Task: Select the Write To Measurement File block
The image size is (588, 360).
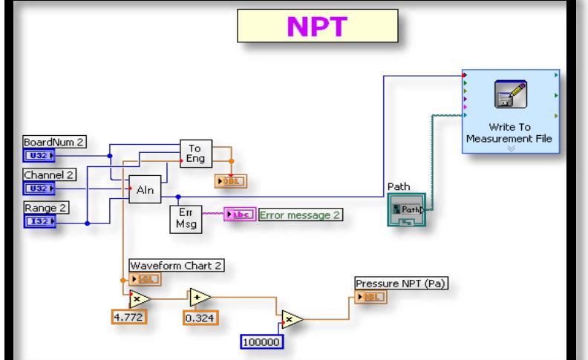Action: pyautogui.click(x=511, y=111)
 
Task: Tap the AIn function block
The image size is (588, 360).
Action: pyautogui.click(x=144, y=191)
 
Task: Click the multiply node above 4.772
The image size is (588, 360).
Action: pyautogui.click(x=138, y=298)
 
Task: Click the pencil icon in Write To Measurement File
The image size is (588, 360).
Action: pyautogui.click(x=511, y=94)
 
